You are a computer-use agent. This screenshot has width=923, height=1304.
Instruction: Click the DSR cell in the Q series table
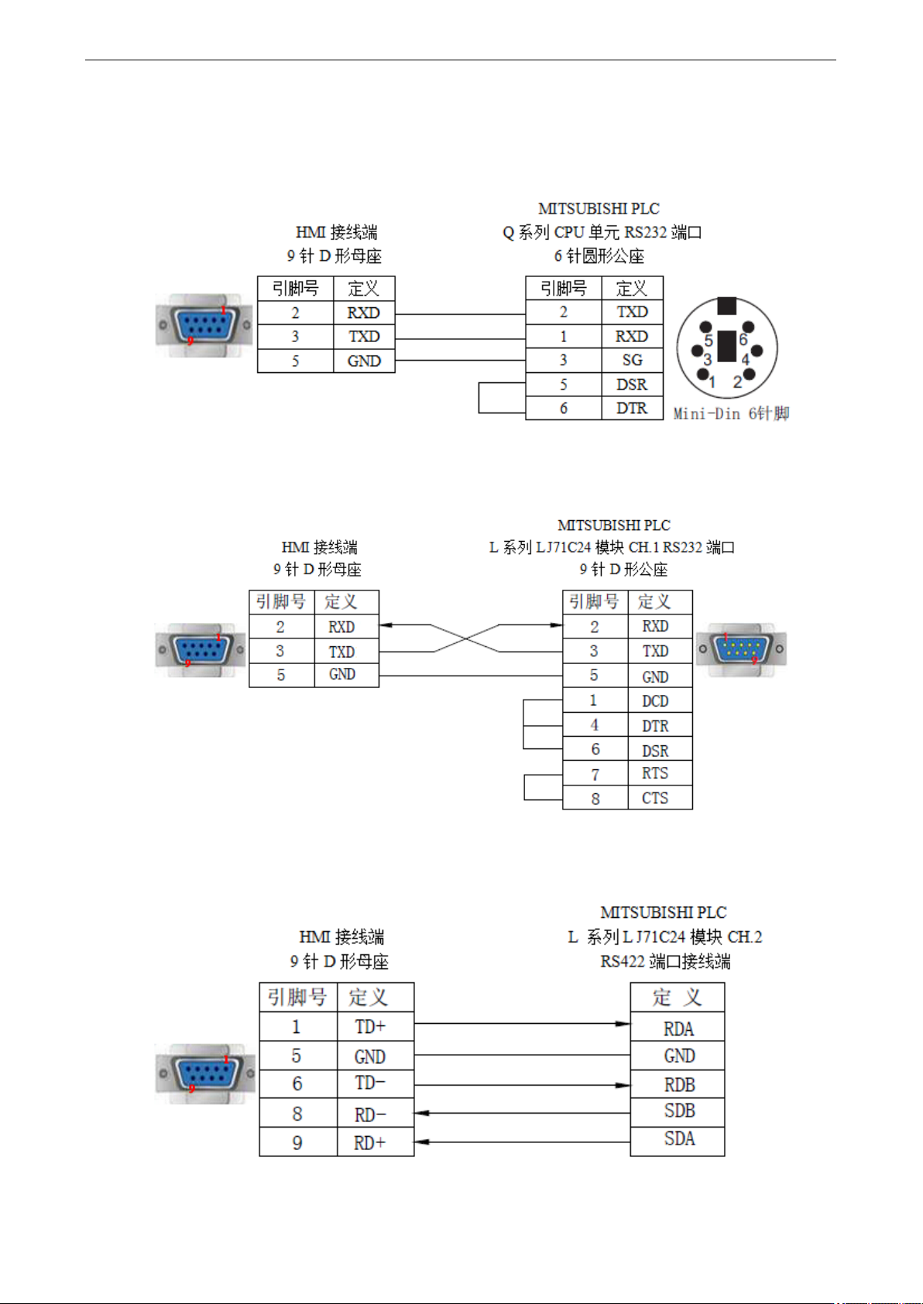click(x=632, y=384)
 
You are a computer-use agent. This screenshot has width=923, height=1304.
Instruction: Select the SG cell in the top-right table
click(x=632, y=360)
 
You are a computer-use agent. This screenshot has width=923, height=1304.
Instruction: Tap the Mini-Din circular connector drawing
click(x=727, y=347)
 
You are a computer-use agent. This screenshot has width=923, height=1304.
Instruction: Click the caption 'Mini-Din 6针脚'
click(x=732, y=413)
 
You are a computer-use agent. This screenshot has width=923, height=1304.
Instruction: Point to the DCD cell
click(x=660, y=700)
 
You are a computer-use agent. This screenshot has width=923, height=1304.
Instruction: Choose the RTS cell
click(x=660, y=773)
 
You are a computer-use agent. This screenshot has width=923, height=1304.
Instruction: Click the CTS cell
click(x=660, y=798)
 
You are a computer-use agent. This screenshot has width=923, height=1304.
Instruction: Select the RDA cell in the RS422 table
click(x=678, y=1027)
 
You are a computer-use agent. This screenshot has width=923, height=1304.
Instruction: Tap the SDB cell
click(x=678, y=1113)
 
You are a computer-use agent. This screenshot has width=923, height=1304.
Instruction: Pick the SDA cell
click(x=678, y=1141)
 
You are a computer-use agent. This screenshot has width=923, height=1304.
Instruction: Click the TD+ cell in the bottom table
click(x=376, y=1026)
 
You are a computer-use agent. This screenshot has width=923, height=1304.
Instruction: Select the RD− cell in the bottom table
click(x=376, y=1113)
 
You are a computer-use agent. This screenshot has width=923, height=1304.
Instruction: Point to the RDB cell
click(x=678, y=1084)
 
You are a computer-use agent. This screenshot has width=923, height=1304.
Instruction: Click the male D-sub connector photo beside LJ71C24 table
click(x=741, y=649)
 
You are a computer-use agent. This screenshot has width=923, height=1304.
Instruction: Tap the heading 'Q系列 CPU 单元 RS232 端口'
click(x=602, y=232)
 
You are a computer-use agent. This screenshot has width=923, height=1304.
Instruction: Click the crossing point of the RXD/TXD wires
click(x=466, y=638)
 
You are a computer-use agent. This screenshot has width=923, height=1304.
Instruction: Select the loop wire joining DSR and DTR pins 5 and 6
click(x=479, y=398)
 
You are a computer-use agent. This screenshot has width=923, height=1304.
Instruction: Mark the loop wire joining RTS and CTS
click(x=524, y=787)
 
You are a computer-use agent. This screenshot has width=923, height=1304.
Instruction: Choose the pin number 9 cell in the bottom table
click(x=298, y=1142)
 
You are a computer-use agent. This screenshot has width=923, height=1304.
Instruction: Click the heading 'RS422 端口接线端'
click(x=665, y=961)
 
